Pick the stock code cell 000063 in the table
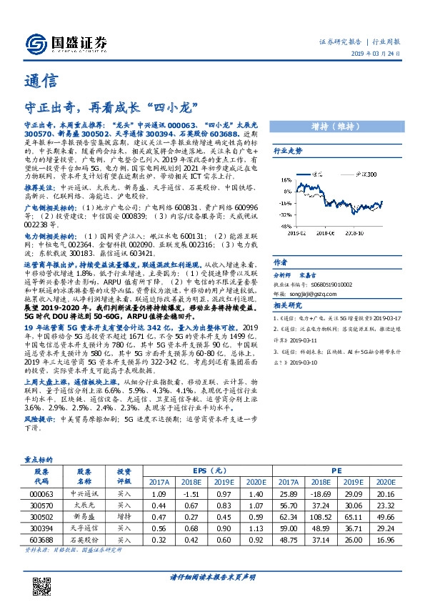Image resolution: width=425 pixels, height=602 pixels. [x=41, y=493]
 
